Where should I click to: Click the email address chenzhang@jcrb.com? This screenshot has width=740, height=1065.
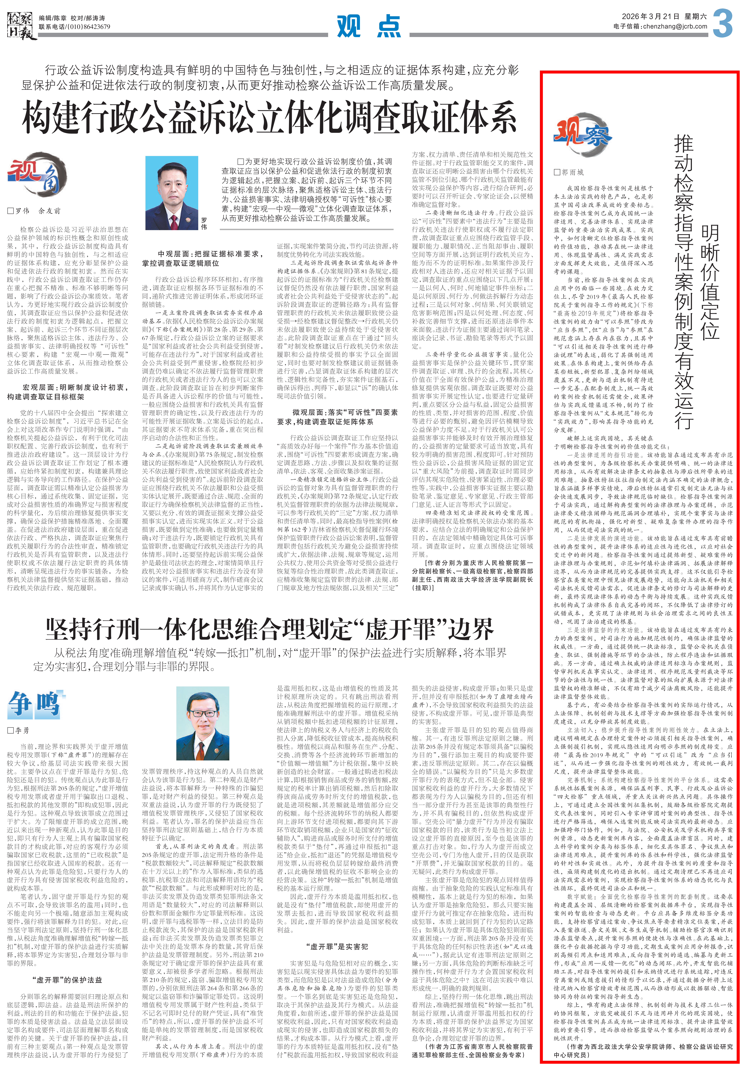pos(673,26)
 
